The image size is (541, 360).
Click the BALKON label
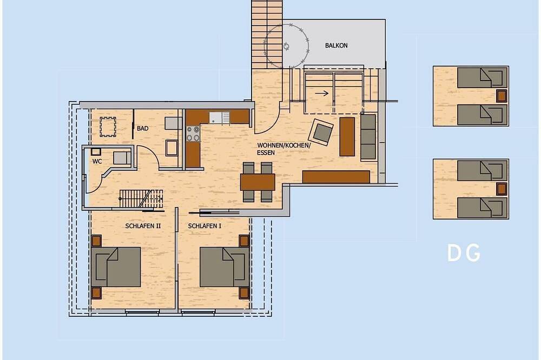coord(336,45)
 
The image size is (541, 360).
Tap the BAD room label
coord(142,128)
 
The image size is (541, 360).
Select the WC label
coord(97,161)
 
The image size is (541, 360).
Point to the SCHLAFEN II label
coord(143,226)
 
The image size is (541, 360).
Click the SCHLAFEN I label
coord(204,226)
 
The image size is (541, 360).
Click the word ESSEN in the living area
coord(266,152)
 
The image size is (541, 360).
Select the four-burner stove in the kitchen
coord(193,134)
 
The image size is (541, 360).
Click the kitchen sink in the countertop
coord(216,118)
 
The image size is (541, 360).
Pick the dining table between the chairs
coord(258,182)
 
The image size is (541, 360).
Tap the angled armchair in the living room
coord(322,132)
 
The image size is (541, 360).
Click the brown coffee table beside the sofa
coord(347,137)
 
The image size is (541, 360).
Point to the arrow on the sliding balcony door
coord(321,93)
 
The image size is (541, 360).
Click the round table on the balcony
coord(286,46)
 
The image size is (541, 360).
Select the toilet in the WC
coord(121,158)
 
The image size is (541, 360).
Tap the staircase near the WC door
coord(141,198)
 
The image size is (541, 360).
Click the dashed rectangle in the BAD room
coord(108,127)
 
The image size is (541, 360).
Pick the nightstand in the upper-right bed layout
coord(502,96)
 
